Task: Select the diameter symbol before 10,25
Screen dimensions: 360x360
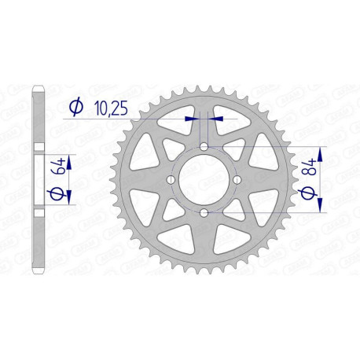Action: pyautogui.click(x=75, y=107)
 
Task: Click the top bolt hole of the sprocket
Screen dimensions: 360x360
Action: pyautogui.click(x=204, y=147)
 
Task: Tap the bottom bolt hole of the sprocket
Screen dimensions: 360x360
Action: pyautogui.click(x=204, y=213)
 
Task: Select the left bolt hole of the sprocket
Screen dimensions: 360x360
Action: pyautogui.click(x=171, y=180)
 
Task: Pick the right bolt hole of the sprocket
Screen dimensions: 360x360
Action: pyautogui.click(x=237, y=180)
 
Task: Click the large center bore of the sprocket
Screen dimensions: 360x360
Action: pyautogui.click(x=204, y=180)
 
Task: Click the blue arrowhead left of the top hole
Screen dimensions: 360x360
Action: pyautogui.click(x=191, y=119)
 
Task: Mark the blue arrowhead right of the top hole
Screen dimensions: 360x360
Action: pyautogui.click(x=216, y=119)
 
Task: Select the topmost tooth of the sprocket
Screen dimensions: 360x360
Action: pyautogui.click(x=204, y=84)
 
